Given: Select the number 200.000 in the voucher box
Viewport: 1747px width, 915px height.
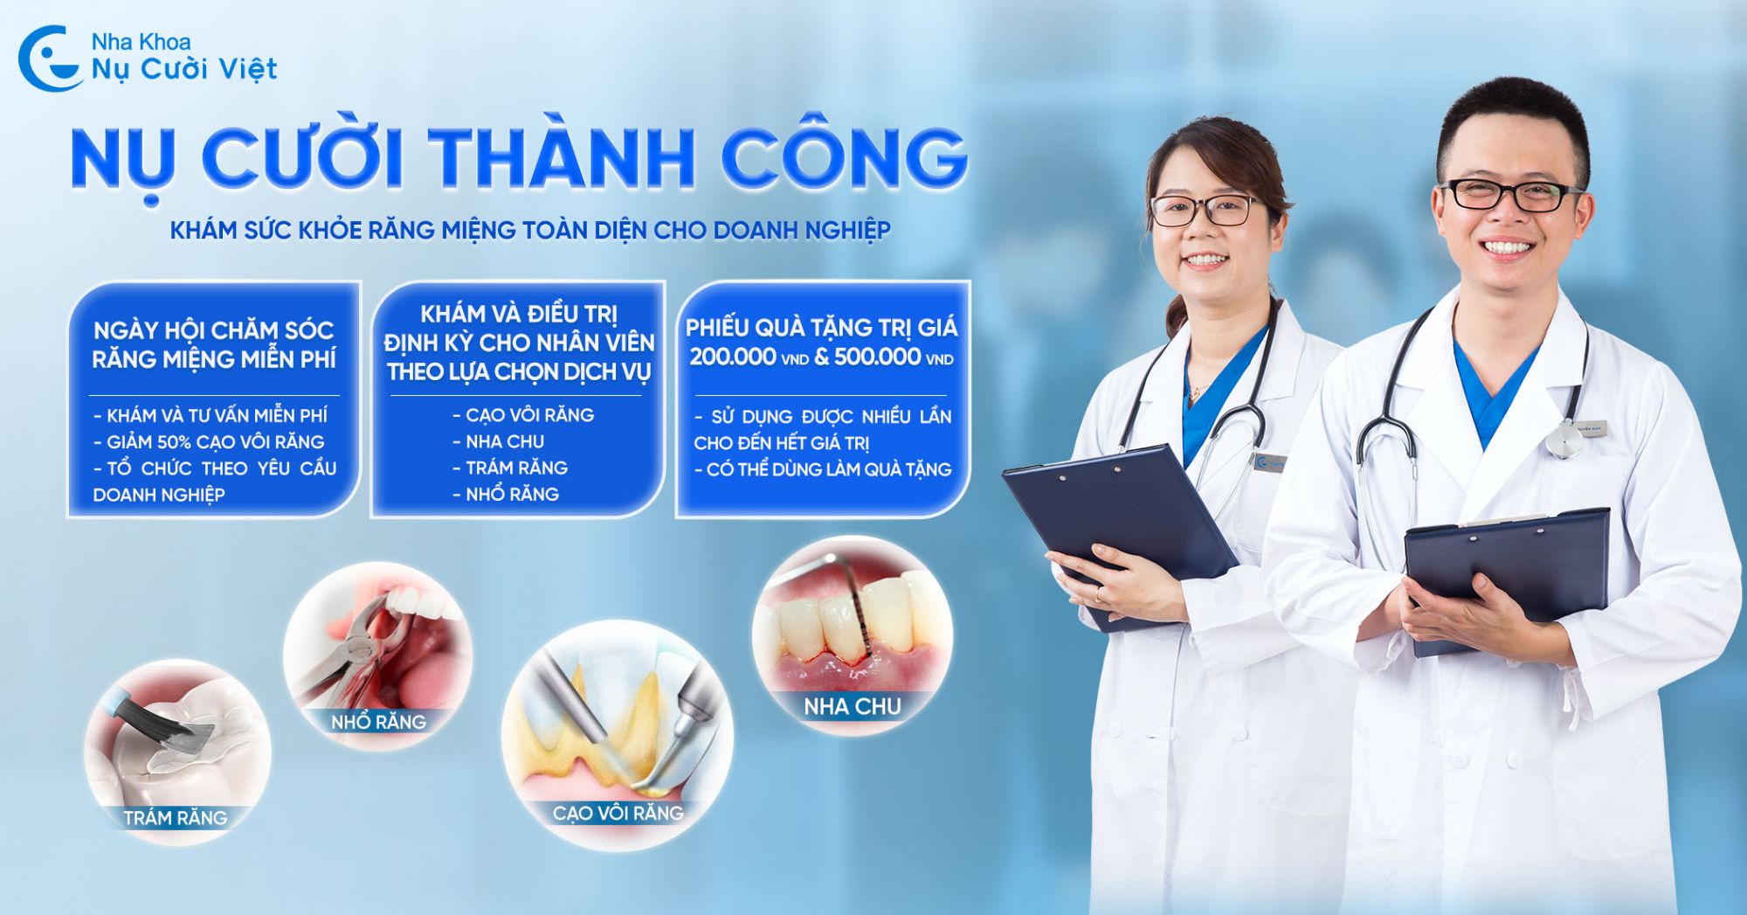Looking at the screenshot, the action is click(733, 357).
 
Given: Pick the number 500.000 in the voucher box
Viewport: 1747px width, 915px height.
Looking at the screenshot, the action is click(877, 357).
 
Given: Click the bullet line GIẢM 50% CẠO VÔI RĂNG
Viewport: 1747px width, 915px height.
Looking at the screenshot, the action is click(209, 442).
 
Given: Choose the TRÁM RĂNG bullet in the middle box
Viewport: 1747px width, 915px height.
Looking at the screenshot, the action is click(510, 468).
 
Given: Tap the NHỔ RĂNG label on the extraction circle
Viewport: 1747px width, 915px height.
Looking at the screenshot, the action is click(378, 722).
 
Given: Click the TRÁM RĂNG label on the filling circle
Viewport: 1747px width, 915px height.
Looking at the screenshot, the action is click(176, 818).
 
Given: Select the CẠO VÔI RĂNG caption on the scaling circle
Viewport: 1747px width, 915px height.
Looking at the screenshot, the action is click(618, 813).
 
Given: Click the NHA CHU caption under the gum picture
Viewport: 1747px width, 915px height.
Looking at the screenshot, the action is click(853, 706).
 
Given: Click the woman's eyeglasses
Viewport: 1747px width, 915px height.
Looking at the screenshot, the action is click(1207, 210).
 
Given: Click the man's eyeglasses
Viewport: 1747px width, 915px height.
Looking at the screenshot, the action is click(1509, 195).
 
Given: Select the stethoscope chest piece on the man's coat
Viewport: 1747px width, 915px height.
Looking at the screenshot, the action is click(1563, 440).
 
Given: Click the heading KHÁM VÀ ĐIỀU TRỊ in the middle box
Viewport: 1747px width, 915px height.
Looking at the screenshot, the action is click(519, 314).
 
